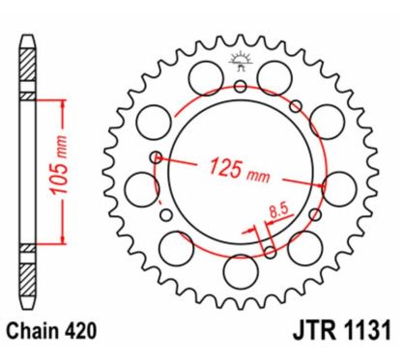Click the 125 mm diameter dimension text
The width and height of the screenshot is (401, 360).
240,171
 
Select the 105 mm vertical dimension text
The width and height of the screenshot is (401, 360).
59,166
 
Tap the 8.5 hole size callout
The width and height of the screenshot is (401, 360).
278,211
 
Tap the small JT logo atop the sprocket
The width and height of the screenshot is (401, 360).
241,61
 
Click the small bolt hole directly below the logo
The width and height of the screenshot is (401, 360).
241,86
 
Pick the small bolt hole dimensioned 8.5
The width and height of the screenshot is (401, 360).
271,253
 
